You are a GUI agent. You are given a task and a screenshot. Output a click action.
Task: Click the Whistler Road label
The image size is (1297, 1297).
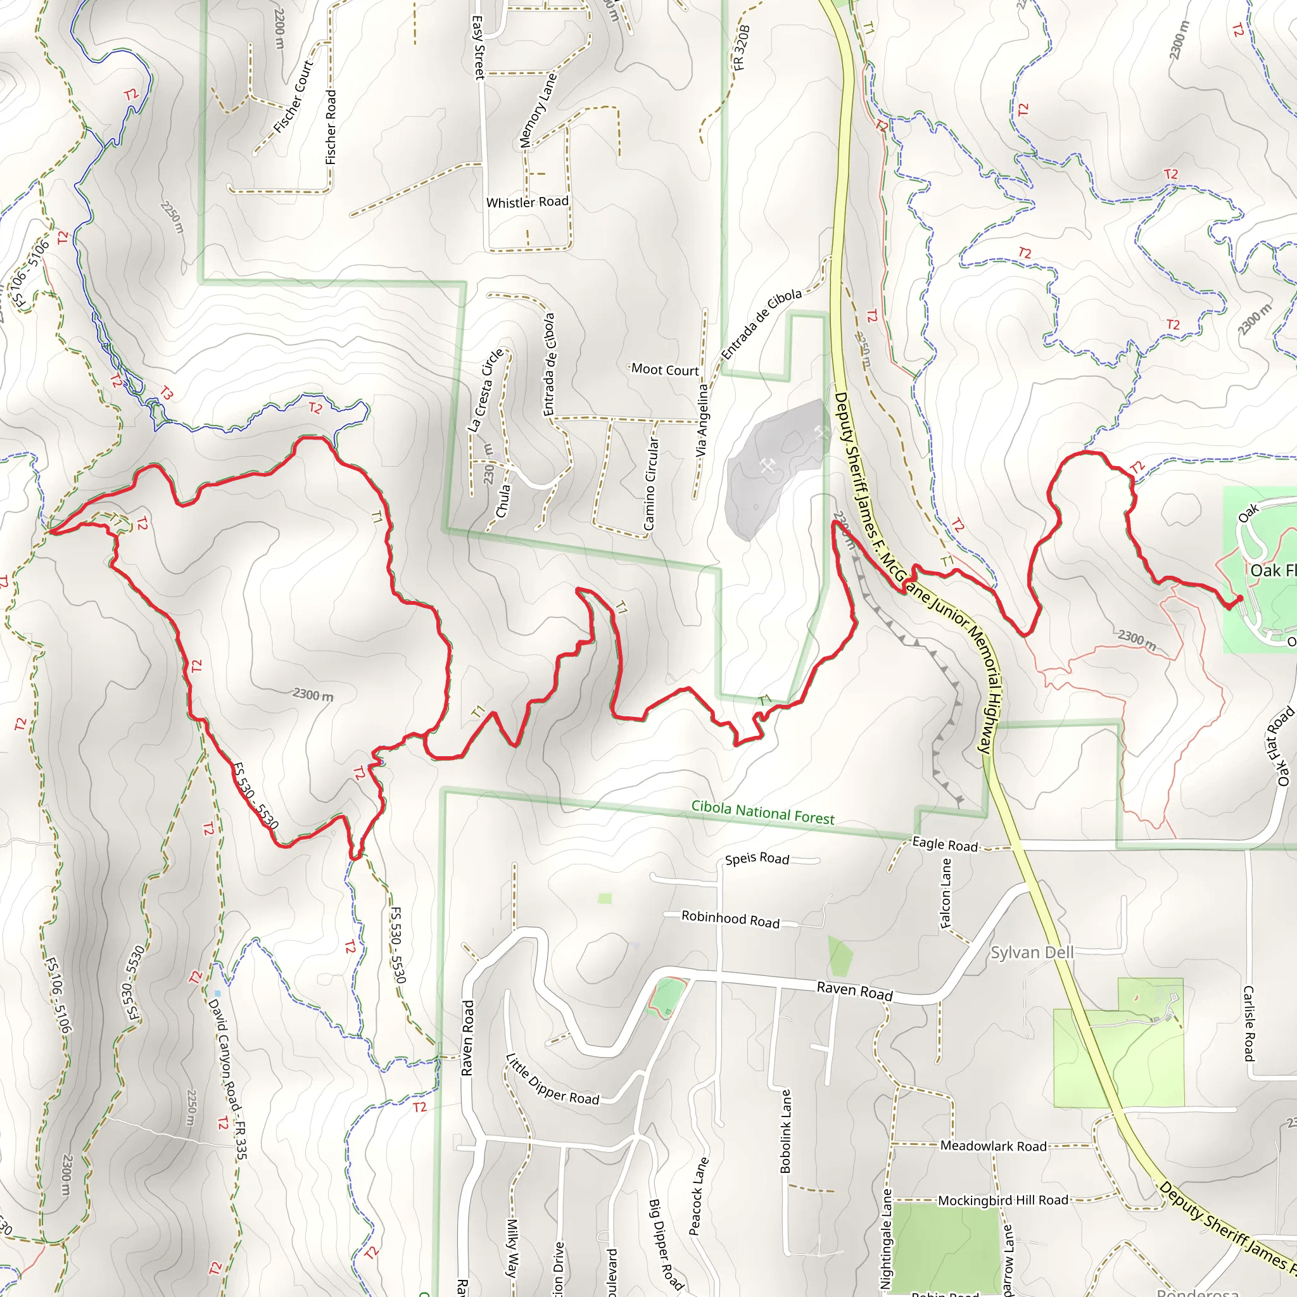click(x=527, y=202)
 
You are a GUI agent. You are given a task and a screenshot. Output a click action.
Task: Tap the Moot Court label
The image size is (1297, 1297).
click(x=664, y=370)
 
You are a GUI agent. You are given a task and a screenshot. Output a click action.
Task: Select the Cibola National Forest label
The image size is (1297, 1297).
click(x=762, y=813)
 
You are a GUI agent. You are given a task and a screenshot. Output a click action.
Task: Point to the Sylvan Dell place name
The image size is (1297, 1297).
click(x=1032, y=952)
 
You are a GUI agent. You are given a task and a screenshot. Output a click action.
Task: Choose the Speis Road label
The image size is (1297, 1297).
click(x=757, y=859)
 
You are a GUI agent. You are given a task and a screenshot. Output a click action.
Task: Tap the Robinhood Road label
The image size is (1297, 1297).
click(x=730, y=919)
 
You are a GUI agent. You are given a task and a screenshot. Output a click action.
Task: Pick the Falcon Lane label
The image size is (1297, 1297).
click(x=946, y=893)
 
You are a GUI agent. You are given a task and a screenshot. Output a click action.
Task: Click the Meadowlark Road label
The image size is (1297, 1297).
click(x=993, y=1146)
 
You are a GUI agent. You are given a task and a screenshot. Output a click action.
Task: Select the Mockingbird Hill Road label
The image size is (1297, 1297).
click(x=1003, y=1200)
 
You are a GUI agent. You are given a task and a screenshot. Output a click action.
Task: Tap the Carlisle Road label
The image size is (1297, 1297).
click(x=1249, y=1023)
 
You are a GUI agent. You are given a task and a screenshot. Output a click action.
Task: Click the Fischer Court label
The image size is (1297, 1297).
click(x=293, y=97)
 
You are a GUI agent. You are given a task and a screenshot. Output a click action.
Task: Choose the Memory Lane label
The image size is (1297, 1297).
click(x=538, y=110)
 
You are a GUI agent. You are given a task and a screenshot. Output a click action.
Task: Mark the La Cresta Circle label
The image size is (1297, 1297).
click(x=485, y=390)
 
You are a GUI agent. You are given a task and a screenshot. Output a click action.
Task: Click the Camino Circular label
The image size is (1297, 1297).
click(x=649, y=483)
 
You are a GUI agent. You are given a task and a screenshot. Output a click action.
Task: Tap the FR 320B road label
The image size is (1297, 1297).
click(x=741, y=47)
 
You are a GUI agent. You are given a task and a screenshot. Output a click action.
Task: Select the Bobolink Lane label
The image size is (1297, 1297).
click(x=785, y=1131)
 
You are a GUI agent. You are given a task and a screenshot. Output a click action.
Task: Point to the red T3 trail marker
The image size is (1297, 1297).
click(x=166, y=393)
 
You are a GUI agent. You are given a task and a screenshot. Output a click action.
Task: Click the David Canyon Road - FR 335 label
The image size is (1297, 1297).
click(x=227, y=1079)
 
